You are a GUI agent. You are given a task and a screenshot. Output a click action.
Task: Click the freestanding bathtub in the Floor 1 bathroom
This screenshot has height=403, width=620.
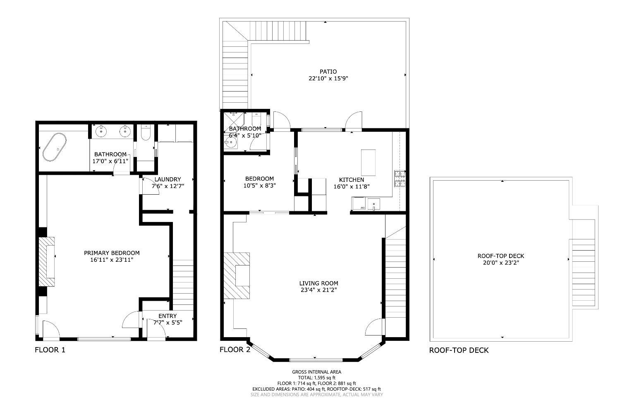coord(55,147)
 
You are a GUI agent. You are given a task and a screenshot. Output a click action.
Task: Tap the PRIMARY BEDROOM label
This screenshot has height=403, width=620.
coord(112,253)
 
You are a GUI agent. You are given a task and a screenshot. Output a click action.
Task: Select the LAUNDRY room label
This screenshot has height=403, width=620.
coord(168,179)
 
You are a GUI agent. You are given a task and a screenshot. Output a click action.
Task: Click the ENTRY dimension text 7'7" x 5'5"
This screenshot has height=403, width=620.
coord(168,323)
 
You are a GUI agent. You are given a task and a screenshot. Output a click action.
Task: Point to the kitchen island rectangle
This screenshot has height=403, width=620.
coord(369,162)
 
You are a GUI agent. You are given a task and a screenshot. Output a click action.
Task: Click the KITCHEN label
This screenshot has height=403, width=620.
coord(352,180)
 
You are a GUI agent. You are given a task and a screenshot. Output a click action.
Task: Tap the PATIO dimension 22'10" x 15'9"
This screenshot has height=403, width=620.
coord(328,78)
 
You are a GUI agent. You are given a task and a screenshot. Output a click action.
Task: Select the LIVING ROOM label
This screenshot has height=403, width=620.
coord(318,283)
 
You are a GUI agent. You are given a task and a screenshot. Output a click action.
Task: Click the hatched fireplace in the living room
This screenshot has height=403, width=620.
coord(237,275)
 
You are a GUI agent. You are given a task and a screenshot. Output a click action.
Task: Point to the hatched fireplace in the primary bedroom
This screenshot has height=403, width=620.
coord(46,262)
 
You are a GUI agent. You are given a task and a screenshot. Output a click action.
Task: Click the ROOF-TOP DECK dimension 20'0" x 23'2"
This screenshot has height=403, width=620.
coord(501,263)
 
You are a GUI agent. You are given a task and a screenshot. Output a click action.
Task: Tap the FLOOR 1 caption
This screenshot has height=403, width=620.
coord(50,350)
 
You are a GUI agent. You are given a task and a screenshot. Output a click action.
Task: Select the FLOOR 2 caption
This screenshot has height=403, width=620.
coord(235,350)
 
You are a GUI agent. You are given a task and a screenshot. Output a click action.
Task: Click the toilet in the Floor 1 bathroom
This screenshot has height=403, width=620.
coord(146,133)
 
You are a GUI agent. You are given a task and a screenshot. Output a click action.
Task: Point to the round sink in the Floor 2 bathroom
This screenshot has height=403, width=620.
coord(230,143)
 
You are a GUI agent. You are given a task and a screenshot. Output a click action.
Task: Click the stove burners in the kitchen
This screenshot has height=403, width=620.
coord(400,179)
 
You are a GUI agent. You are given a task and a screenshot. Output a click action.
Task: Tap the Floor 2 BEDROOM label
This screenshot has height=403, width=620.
coord(260,179)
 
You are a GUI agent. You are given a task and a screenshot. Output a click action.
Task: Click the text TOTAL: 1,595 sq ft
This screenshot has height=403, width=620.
coord(317,378)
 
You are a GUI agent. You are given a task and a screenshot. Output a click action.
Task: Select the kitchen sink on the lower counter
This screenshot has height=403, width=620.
coord(373,204)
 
